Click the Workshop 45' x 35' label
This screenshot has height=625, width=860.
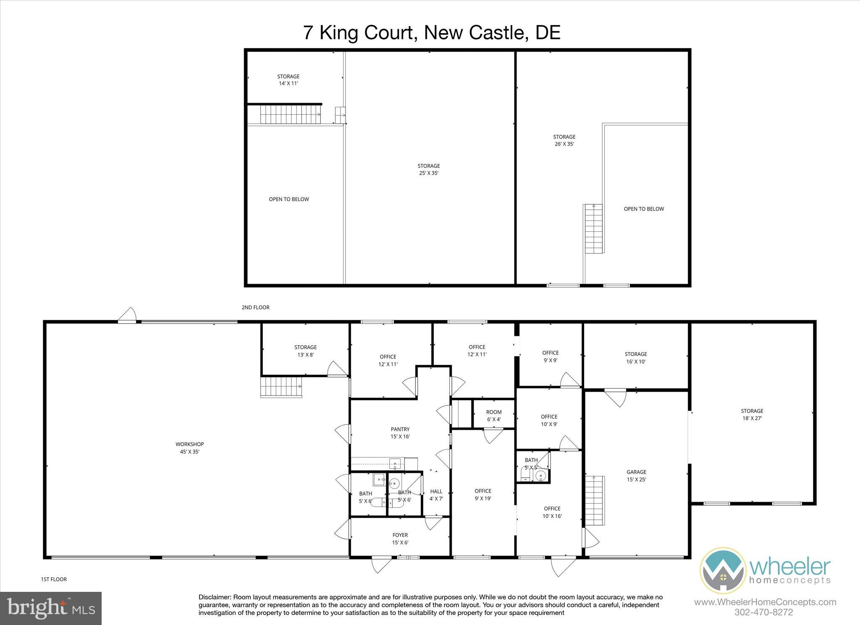tap(189, 448)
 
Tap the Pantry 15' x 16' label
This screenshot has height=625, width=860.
tap(400, 433)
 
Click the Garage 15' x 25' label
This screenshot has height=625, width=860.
tap(636, 476)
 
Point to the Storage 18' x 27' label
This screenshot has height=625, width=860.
tap(752, 414)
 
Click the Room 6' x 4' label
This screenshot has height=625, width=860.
tap(494, 416)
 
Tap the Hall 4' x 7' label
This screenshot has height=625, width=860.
tap(436, 495)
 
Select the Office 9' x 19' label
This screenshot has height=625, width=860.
tap(483, 494)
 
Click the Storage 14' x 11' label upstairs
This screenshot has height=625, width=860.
tap(288, 80)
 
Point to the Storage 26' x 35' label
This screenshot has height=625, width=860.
tap(564, 140)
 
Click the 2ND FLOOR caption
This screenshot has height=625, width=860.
tap(255, 308)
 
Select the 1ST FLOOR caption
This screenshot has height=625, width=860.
tap(54, 579)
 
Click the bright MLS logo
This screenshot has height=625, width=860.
tap(51, 608)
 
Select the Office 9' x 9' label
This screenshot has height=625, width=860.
tap(550, 356)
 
